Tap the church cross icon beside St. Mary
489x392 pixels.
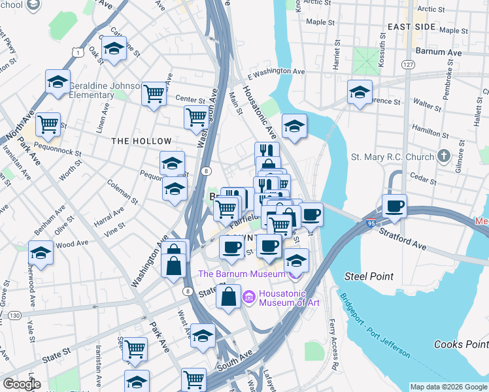click(444, 156)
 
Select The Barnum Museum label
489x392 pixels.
click(242, 274)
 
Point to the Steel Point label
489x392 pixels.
click(373, 276)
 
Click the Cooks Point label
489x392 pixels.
click(461, 344)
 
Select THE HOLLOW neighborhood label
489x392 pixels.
click(141, 141)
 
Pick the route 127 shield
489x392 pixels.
click(408, 65)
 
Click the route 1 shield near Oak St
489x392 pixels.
click(78, 52)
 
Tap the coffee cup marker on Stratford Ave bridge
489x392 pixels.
click(394, 206)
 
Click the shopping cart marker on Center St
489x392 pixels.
click(154, 93)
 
